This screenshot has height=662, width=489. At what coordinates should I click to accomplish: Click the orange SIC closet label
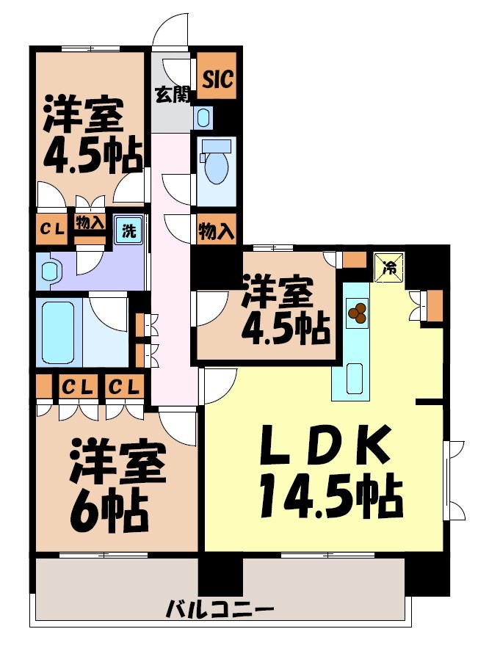pyautogui.click(x=217, y=79)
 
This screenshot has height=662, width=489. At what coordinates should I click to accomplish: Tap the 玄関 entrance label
pyautogui.click(x=172, y=95)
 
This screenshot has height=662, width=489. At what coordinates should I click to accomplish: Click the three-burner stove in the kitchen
pyautogui.click(x=357, y=313)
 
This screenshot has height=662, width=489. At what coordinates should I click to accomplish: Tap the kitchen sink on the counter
pyautogui.click(x=354, y=378)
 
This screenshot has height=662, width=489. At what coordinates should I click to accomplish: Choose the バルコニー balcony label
pyautogui.click(x=220, y=608)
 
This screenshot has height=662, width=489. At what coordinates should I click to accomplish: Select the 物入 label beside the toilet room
pyautogui.click(x=216, y=231)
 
